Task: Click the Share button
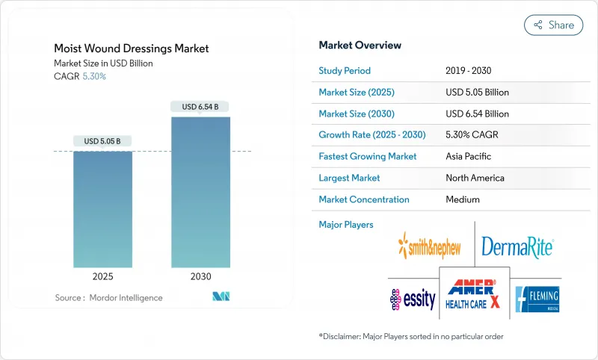click(554, 25)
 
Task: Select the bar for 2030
click(200, 190)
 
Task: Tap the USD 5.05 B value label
click(102, 141)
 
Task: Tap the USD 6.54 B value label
click(200, 107)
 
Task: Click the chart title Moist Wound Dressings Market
click(132, 49)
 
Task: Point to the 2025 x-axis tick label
click(102, 276)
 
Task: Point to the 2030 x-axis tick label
click(200, 276)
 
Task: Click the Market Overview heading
click(360, 45)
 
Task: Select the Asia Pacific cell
click(469, 157)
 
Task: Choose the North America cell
click(475, 178)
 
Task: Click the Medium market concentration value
click(463, 199)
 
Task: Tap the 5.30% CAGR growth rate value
click(472, 135)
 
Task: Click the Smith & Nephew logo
click(431, 244)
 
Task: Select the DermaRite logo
click(517, 246)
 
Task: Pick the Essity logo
click(413, 299)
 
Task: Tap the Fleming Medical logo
click(537, 298)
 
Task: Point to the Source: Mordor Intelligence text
click(108, 298)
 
